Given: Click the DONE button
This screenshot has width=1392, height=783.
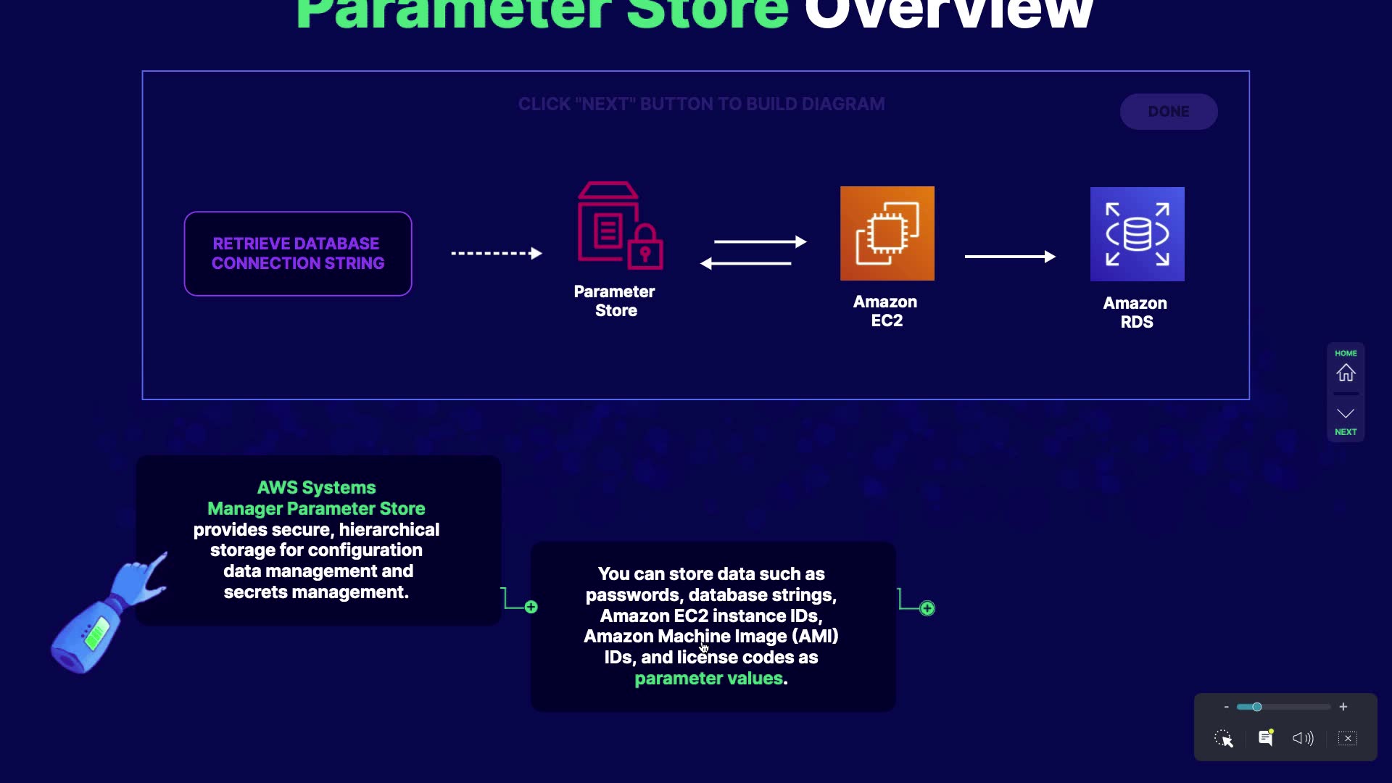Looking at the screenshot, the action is click(x=1168, y=112).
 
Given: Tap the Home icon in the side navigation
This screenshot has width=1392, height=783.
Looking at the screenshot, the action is click(x=1346, y=373).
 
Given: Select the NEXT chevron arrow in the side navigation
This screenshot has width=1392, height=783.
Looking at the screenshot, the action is click(x=1346, y=414).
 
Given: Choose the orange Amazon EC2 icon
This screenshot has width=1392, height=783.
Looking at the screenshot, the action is click(x=887, y=233).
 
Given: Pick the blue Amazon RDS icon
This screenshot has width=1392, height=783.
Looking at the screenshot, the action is click(x=1137, y=234).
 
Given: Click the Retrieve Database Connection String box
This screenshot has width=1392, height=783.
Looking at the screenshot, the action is click(x=298, y=254).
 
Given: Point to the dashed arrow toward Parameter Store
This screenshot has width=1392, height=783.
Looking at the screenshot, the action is click(x=497, y=253).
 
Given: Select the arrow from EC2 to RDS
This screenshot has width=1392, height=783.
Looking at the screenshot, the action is click(x=1009, y=257).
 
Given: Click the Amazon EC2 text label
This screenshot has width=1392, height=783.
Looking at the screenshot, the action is click(x=885, y=311).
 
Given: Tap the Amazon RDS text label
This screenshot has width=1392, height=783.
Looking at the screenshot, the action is click(x=1135, y=312).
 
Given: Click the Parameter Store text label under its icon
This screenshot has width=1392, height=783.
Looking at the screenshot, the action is click(x=615, y=301).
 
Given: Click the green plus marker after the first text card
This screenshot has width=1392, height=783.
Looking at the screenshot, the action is click(x=531, y=607).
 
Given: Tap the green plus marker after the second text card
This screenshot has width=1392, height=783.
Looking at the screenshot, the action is click(x=927, y=608).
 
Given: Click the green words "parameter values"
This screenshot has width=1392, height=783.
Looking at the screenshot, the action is click(x=708, y=679).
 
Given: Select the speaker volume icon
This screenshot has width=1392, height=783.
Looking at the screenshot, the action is click(x=1302, y=738).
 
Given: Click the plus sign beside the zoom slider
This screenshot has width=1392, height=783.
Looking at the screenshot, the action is click(x=1343, y=707).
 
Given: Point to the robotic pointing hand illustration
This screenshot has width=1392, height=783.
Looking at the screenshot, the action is click(x=109, y=613).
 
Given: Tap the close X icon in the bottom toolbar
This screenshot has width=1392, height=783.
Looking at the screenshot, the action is click(x=1348, y=738).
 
